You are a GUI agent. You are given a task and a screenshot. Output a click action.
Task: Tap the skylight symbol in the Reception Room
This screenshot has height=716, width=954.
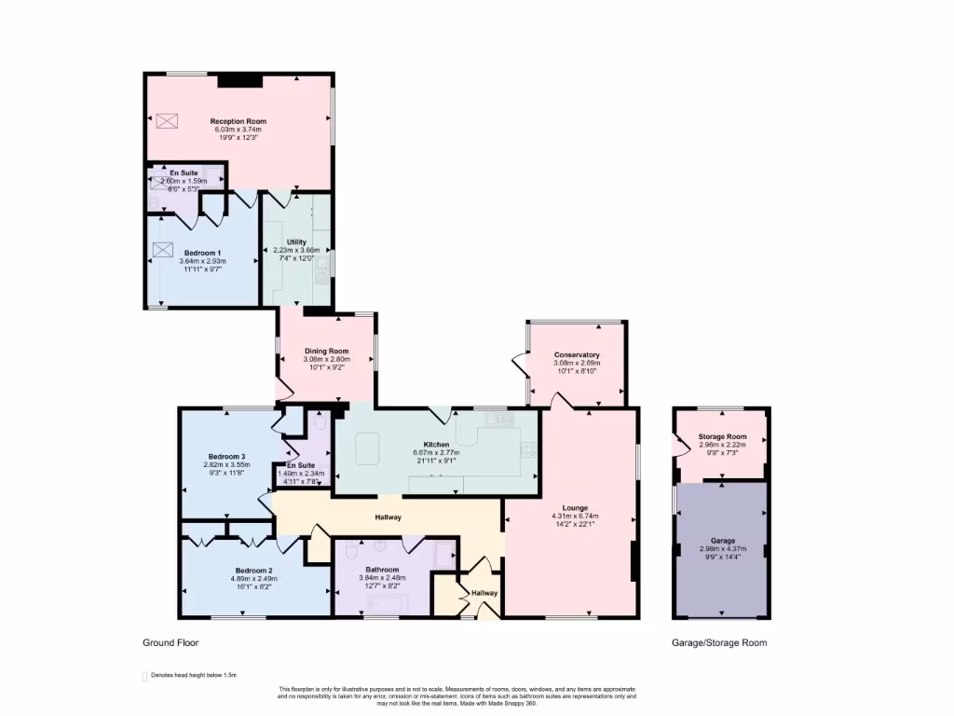pos(167,121)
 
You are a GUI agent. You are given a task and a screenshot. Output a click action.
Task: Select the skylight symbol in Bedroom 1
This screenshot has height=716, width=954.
pos(164,250)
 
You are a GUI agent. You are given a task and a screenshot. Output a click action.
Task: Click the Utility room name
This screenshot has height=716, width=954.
pos(296,241)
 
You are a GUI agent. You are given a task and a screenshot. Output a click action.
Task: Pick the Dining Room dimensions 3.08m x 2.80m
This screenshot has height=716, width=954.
pos(326,360)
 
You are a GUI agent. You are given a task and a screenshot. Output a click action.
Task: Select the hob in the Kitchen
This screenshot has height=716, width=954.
pos(530,450)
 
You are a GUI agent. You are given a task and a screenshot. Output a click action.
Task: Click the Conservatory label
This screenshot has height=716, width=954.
pos(576,355)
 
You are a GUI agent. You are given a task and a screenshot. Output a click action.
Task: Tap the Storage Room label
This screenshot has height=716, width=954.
pos(722,436)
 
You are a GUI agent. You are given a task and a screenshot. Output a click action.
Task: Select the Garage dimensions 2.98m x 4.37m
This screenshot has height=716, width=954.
pos(722,549)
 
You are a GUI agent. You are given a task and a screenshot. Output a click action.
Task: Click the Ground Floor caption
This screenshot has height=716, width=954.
pos(170,642)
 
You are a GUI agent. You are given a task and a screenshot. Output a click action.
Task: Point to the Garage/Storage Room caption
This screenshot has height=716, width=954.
pos(719,642)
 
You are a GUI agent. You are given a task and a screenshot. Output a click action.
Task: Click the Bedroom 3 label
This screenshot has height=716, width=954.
pos(226,455)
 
